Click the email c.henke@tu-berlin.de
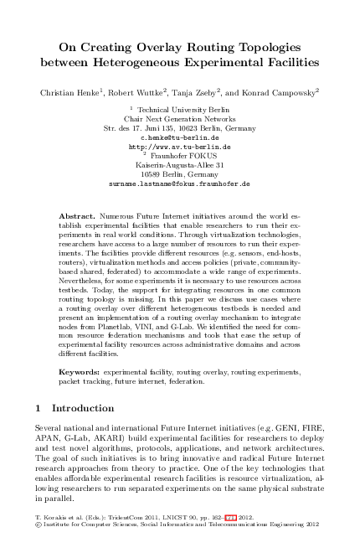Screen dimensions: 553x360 pos(179,136)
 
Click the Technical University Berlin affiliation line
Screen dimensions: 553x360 pos(181,109)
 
